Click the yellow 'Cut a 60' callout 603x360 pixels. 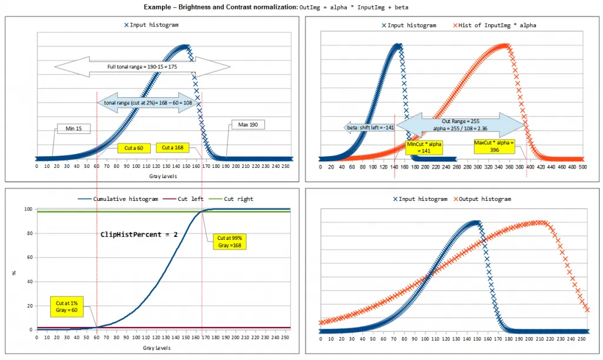[134, 148]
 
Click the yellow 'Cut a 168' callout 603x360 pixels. [173, 148]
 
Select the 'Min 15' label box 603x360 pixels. [74, 128]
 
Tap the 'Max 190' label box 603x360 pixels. [248, 125]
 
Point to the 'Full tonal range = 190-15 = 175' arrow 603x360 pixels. [143, 67]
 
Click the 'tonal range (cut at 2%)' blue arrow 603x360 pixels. [148, 103]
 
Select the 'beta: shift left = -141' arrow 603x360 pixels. [369, 128]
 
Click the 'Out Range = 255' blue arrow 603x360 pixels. [460, 125]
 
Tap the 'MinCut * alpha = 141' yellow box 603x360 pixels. [424, 147]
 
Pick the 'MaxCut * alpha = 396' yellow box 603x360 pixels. [494, 146]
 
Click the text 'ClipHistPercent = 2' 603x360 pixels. [139, 235]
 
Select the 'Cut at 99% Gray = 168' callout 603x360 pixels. [230, 242]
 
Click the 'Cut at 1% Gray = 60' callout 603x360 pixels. [67, 306]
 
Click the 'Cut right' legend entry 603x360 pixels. [231, 199]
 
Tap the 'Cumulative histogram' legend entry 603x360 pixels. [118, 199]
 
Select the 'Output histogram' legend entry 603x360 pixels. [482, 199]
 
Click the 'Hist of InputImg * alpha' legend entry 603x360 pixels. [495, 25]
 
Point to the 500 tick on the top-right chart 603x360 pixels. [582, 167]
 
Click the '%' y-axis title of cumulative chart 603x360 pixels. [14, 273]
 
